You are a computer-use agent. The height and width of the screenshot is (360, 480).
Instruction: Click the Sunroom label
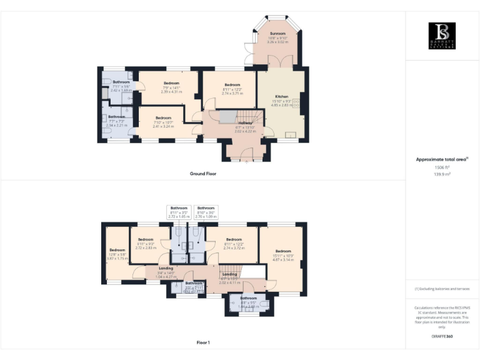tap(277, 33)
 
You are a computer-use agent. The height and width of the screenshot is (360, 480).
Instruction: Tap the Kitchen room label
tap(281, 96)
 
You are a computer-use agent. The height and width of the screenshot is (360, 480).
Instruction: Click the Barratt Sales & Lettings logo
tap(442, 36)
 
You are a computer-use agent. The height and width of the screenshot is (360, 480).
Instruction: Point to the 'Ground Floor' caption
tap(202, 173)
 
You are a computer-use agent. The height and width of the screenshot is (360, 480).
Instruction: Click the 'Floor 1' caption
tap(202, 342)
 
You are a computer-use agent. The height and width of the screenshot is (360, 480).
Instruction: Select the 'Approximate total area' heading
tap(441, 159)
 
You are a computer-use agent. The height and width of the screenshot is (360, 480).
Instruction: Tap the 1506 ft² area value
tap(442, 167)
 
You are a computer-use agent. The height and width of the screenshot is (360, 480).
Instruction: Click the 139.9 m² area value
tap(442, 174)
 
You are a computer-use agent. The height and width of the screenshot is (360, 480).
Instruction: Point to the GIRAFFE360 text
tap(442, 337)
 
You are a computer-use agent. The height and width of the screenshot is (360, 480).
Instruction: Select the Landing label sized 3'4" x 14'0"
tap(149, 269)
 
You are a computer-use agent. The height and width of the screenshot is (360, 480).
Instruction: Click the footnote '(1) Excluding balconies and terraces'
tap(442, 289)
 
